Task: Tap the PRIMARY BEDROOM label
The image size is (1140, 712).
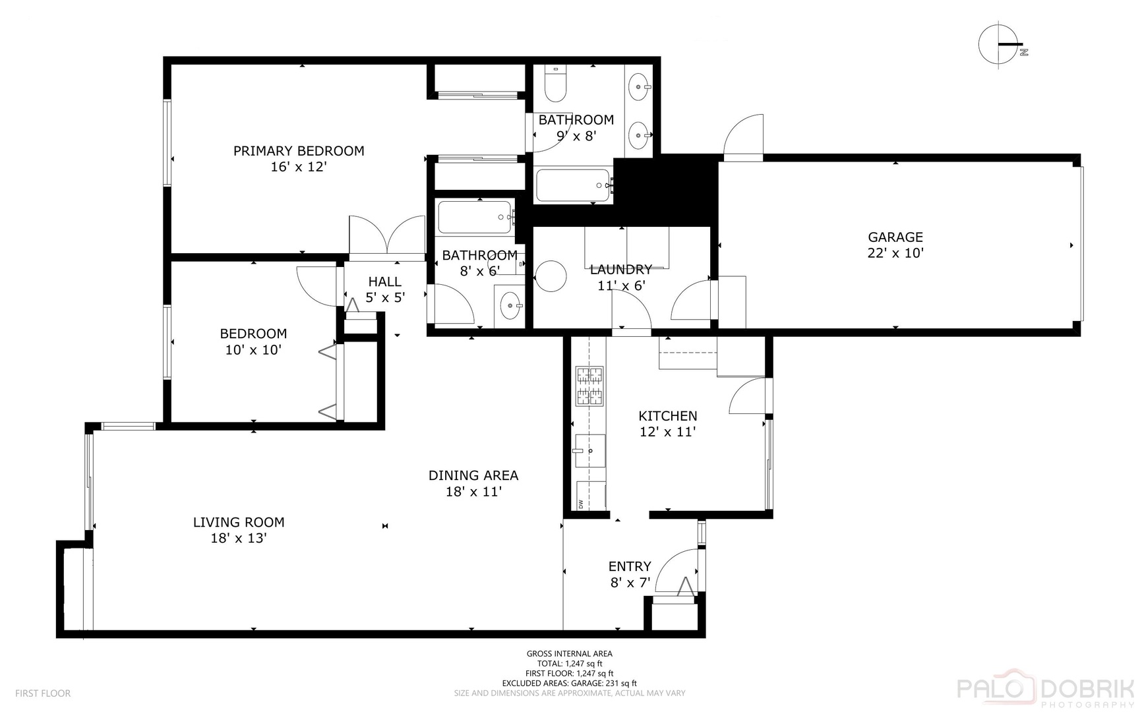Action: [x=299, y=151]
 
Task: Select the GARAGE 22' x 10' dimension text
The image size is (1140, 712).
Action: [x=895, y=253]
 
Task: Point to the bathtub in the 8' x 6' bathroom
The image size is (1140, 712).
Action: [x=475, y=218]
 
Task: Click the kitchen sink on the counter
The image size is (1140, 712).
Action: [x=589, y=451]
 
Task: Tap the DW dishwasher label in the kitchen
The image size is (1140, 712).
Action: [x=581, y=504]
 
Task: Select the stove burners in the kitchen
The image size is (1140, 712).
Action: [x=589, y=386]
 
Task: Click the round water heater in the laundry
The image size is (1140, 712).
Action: [x=551, y=276]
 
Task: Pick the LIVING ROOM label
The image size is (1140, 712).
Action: [x=239, y=522]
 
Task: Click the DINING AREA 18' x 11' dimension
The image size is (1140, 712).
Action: [x=473, y=492]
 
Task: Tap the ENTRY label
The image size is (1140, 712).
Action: [x=629, y=566]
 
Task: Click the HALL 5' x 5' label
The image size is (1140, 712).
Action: [x=385, y=289]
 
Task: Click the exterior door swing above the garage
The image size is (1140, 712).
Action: [x=744, y=136]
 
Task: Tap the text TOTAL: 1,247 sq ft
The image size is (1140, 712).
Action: [x=570, y=664]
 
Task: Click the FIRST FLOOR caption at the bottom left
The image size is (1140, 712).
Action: [x=43, y=694]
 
